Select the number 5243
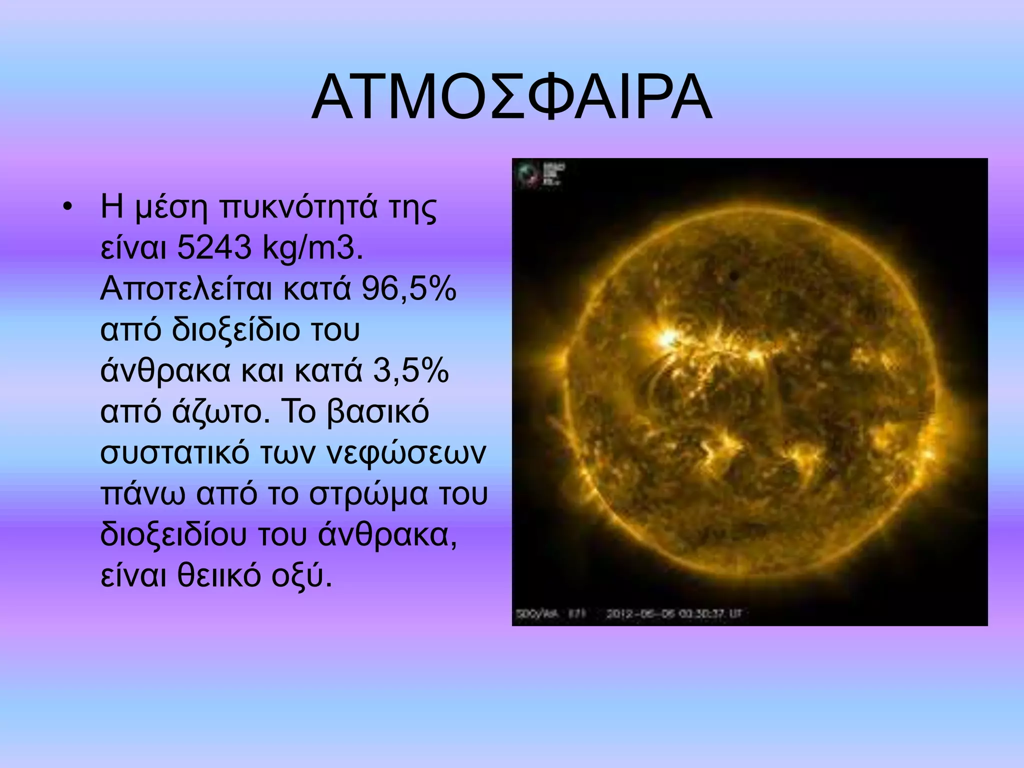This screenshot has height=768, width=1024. pyautogui.click(x=213, y=248)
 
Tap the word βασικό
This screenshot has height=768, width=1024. pyautogui.click(x=378, y=413)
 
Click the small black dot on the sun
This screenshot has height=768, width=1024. pyautogui.click(x=734, y=275)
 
